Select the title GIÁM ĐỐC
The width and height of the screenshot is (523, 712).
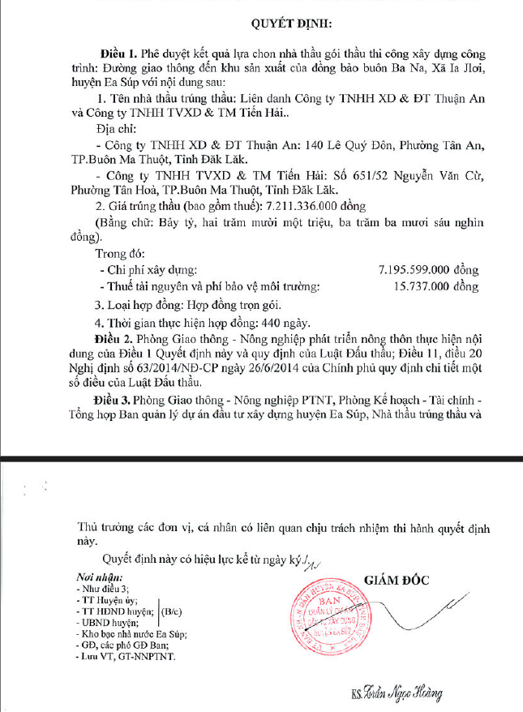(397, 581)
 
